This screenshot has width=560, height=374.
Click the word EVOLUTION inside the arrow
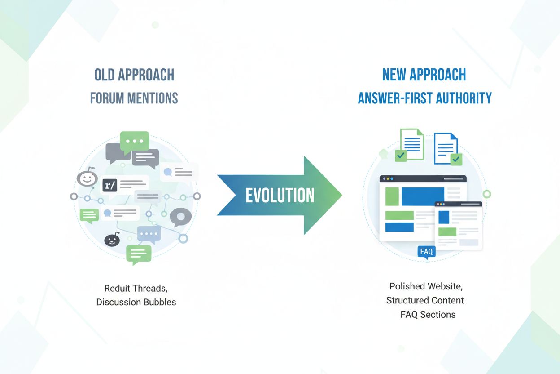pos(280,196)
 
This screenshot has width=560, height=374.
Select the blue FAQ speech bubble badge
pos(426,252)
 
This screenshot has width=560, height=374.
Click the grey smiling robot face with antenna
pos(87,178)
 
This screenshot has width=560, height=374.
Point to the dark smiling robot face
pos(112,240)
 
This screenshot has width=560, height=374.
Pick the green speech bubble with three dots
pos(134,141)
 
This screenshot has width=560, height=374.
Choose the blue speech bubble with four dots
pos(149,234)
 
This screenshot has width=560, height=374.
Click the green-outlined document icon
pos(412,143)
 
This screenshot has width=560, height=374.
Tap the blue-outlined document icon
pos(445,148)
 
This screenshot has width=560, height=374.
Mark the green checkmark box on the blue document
pos(456,159)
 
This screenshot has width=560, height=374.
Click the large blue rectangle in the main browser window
pos(422,196)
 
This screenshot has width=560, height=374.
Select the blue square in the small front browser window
pos(444,217)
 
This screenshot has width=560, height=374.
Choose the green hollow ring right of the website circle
pos(486,194)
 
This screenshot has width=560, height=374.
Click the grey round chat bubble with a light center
pos(180,217)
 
